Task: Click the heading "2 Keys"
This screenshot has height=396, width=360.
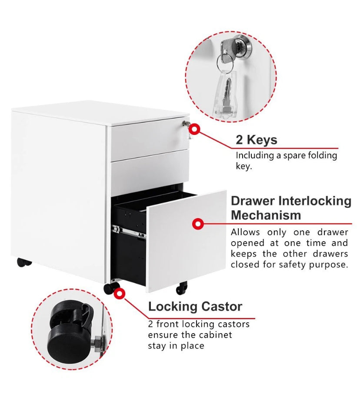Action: pos(256,140)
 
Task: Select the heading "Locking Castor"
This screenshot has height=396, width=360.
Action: pos(195,306)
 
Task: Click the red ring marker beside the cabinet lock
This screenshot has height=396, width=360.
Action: pos(195,129)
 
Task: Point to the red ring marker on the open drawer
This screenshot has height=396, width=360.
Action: pos(198,224)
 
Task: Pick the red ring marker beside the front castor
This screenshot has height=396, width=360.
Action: pos(119,294)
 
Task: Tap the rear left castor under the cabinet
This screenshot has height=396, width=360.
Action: pos(24,262)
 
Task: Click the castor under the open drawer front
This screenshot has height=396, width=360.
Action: pos(181,288)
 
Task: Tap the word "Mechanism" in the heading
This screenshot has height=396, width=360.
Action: pos(266,215)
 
